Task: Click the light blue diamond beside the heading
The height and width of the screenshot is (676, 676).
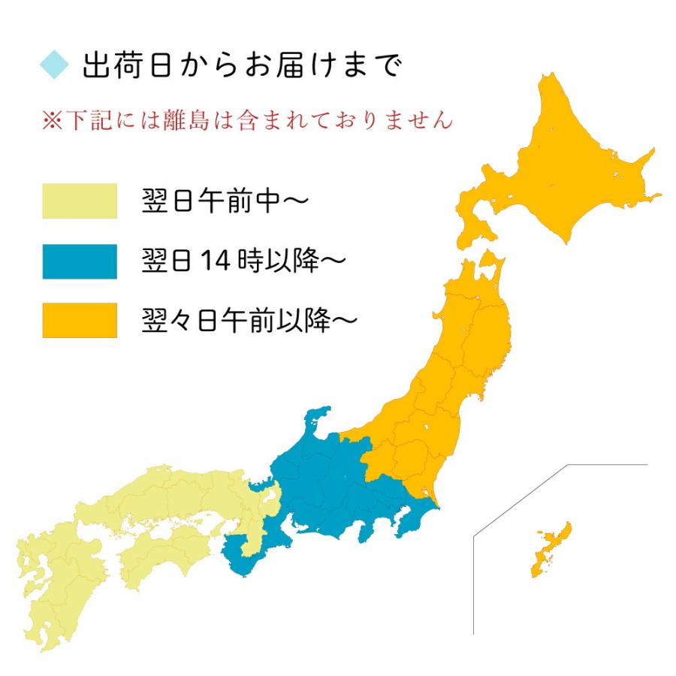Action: [x=54, y=64]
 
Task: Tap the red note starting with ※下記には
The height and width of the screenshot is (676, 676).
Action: [x=247, y=120]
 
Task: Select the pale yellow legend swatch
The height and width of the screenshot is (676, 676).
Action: [x=80, y=201]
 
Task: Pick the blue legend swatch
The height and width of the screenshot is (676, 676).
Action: [x=80, y=261]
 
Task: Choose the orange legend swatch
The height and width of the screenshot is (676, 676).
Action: [x=80, y=321]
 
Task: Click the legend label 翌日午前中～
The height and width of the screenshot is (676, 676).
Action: [x=225, y=201]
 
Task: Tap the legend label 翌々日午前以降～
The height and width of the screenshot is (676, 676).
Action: [x=249, y=321]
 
